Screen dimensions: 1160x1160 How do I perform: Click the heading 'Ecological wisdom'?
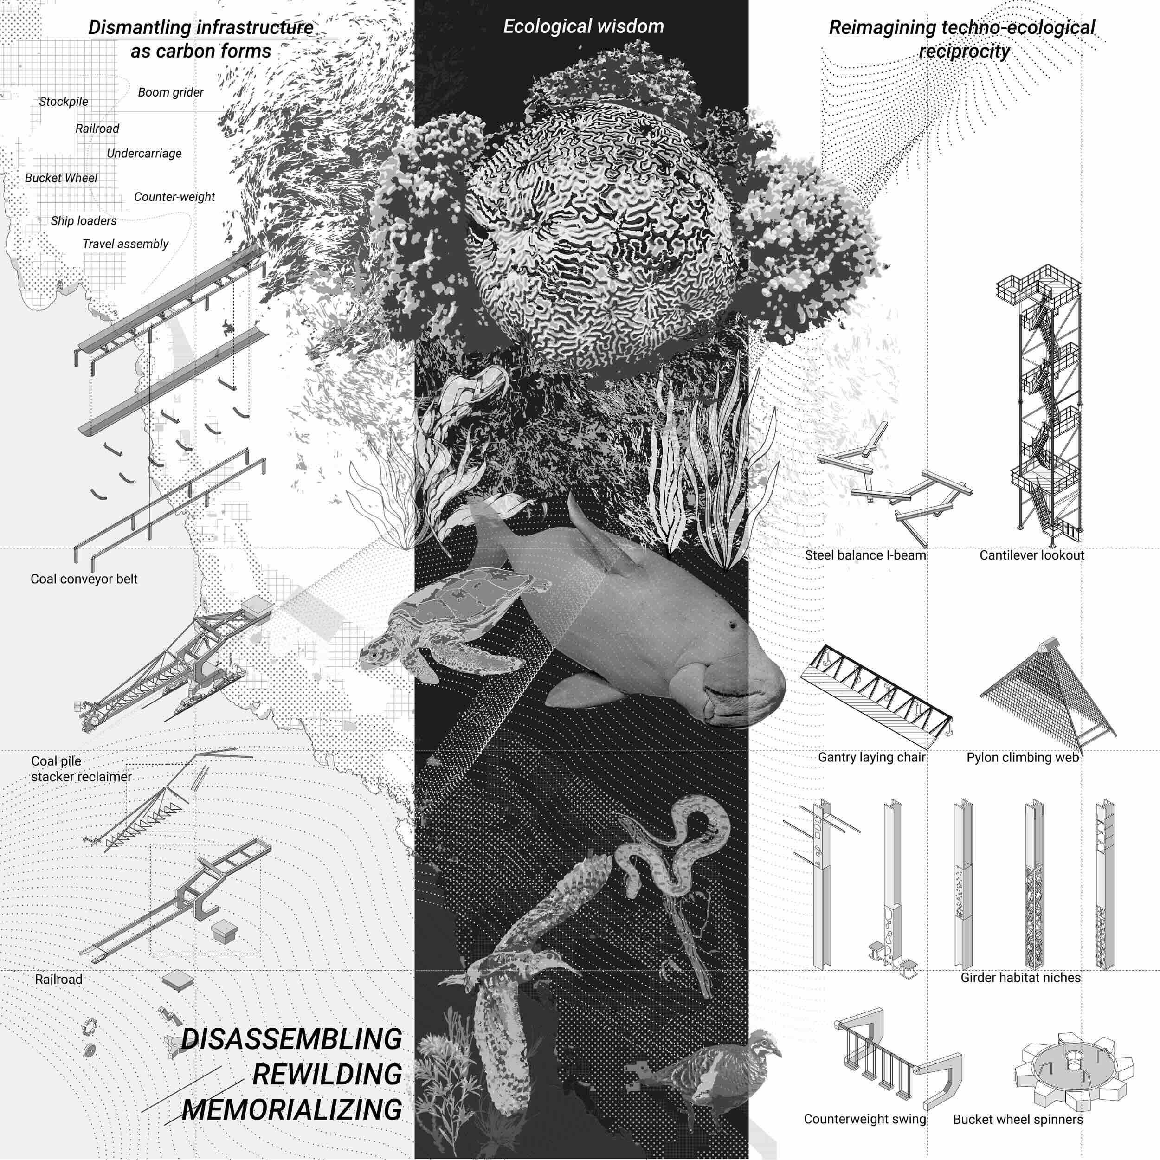(583, 26)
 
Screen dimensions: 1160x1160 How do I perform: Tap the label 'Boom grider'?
(170, 92)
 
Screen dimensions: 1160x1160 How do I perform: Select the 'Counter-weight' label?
(174, 196)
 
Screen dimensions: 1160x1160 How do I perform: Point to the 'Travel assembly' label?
(125, 244)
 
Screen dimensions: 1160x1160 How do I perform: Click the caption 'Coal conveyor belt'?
(84, 579)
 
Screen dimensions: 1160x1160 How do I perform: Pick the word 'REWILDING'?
(327, 1074)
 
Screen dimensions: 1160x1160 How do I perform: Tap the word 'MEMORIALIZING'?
(292, 1108)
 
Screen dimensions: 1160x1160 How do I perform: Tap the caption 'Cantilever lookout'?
(1031, 555)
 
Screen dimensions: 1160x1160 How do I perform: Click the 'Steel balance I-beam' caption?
(865, 555)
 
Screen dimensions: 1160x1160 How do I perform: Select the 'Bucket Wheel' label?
(61, 178)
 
